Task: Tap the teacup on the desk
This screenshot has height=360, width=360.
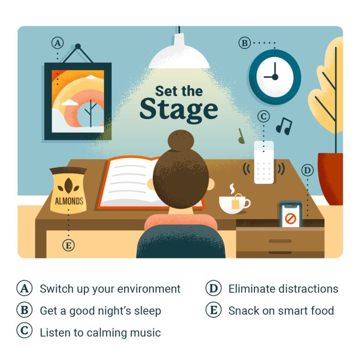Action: click(232, 205)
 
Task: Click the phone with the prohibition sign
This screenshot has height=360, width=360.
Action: click(290, 215)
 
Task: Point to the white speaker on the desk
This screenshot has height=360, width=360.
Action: click(263, 162)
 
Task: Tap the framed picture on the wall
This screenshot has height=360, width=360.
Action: click(77, 101)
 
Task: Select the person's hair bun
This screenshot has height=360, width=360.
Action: click(181, 140)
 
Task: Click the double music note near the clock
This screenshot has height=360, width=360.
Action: click(284, 125)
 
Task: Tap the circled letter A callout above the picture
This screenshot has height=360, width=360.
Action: click(57, 43)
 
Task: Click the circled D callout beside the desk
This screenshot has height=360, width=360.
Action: click(307, 170)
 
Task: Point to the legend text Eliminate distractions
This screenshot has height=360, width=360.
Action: click(283, 289)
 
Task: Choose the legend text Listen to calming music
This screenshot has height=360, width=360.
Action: click(100, 333)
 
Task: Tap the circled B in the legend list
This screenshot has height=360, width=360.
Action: click(24, 310)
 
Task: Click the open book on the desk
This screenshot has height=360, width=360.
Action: click(129, 181)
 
